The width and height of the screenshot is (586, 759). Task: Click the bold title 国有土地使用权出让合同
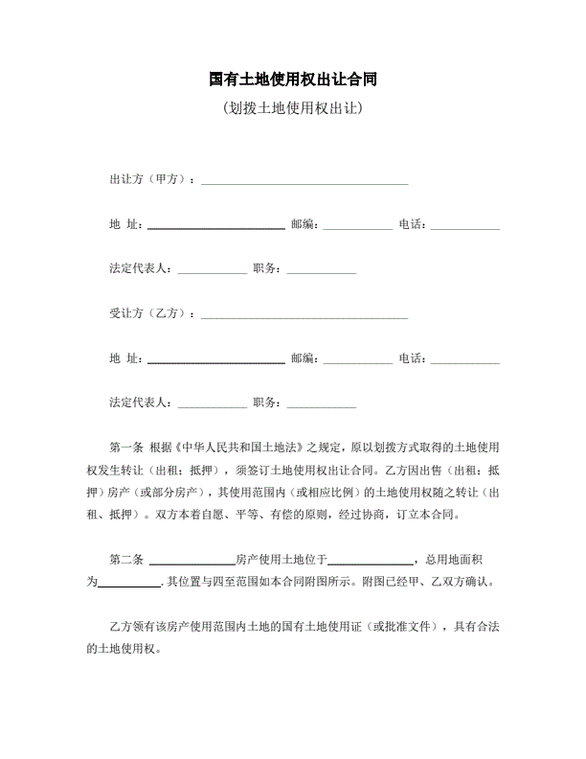pyautogui.click(x=292, y=79)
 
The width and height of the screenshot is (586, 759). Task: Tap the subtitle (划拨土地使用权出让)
pyautogui.click(x=292, y=107)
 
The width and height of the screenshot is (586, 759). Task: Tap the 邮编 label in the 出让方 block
pyautogui.click(x=304, y=224)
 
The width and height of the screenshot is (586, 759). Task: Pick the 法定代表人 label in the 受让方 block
pyautogui.click(x=141, y=402)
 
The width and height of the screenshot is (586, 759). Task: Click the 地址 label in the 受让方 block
pyautogui.click(x=126, y=358)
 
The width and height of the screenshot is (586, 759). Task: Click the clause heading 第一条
pyautogui.click(x=126, y=447)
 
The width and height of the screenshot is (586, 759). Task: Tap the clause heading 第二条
pyautogui.click(x=126, y=559)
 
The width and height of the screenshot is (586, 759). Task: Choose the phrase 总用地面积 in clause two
pyautogui.click(x=461, y=559)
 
